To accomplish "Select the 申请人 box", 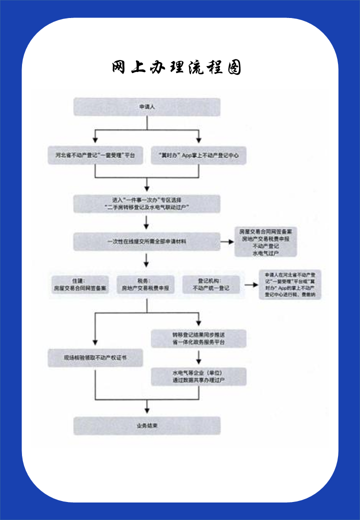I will [x=147, y=107].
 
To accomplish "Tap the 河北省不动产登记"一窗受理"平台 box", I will [x=95, y=155].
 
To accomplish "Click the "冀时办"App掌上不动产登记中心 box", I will [x=199, y=155].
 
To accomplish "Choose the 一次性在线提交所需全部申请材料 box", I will [x=147, y=241].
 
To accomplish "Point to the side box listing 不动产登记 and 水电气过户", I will [x=266, y=242].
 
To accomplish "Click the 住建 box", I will [x=80, y=285].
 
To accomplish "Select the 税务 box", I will [x=146, y=285].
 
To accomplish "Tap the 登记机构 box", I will [x=210, y=285].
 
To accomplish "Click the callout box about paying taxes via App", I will [x=289, y=285].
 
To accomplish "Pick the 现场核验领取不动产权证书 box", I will [x=95, y=357].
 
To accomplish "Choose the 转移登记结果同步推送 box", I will [x=199, y=338].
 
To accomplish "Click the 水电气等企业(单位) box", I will [x=199, y=376].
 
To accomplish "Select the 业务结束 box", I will [x=147, y=426].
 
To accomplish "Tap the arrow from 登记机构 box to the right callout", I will [x=249, y=285].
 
